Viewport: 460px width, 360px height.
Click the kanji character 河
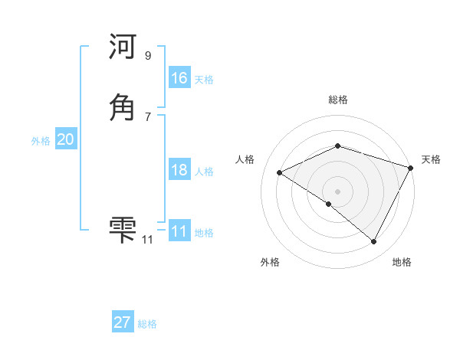[123, 48]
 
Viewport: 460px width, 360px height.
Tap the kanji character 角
[123, 107]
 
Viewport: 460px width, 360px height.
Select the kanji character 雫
[123, 227]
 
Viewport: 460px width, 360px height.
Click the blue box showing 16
[179, 78]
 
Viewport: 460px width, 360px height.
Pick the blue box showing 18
[179, 170]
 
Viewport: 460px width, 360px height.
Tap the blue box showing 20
[65, 139]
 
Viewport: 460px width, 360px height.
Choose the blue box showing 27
[123, 322]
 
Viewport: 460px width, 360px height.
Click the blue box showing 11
[179, 231]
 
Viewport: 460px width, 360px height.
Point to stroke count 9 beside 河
[147, 56]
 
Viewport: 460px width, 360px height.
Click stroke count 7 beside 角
[147, 116]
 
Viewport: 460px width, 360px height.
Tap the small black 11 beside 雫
[147, 240]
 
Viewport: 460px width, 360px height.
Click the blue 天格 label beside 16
[204, 80]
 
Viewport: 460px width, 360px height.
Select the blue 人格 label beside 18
[204, 172]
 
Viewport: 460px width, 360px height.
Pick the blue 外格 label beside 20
[41, 141]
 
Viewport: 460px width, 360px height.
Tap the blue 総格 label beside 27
[147, 324]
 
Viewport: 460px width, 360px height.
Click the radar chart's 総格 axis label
[338, 100]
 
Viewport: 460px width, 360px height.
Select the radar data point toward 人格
[280, 173]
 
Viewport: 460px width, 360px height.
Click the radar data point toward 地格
[374, 242]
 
